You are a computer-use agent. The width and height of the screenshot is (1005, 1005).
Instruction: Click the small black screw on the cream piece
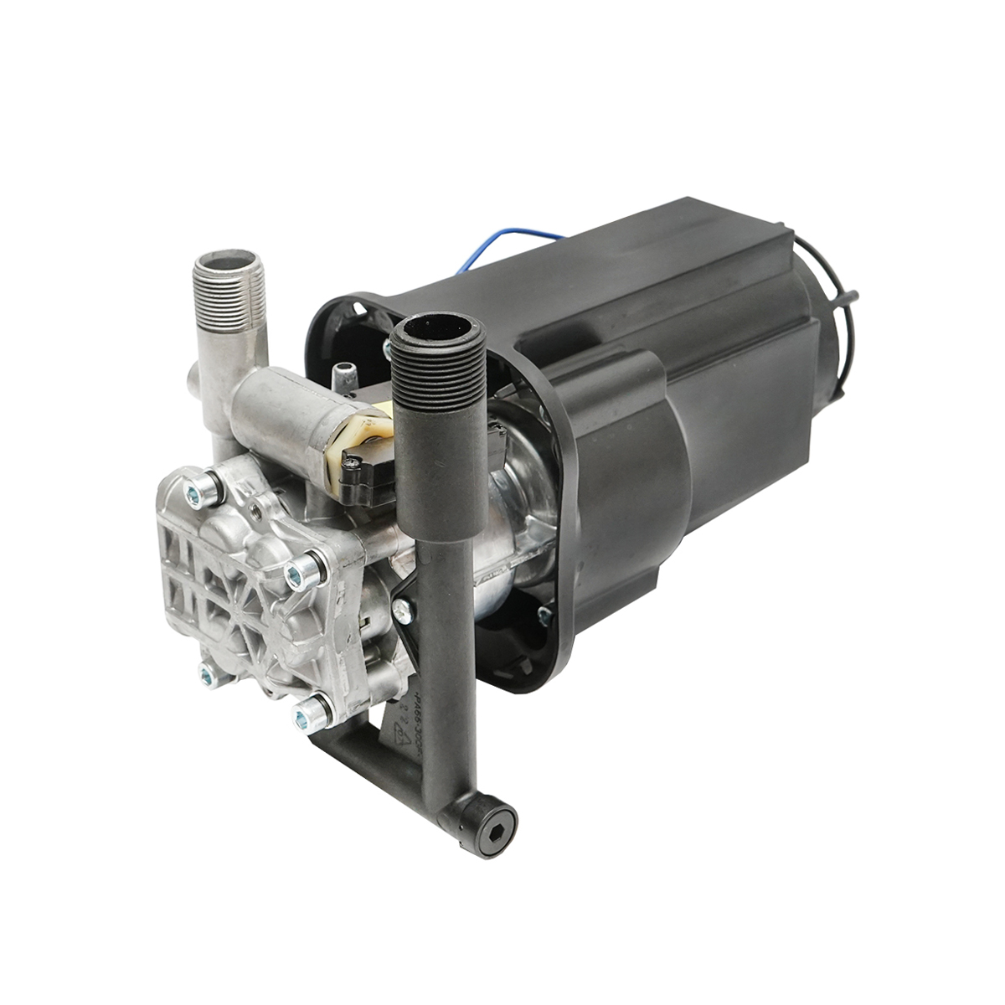tap(354, 458)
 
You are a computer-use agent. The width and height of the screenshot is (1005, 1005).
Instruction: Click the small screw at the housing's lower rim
tap(544, 618)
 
